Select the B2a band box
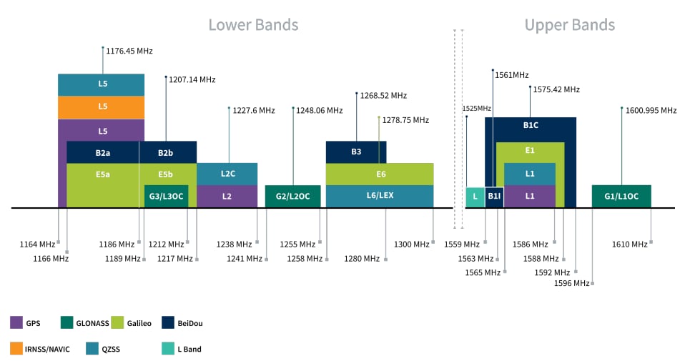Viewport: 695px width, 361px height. pos(102,152)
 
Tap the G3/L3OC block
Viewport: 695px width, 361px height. pos(166,196)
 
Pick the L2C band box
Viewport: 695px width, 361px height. pos(227,174)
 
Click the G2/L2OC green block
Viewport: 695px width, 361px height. pos(292,196)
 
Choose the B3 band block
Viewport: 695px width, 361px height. pos(356,152)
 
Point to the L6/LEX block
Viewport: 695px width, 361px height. pos(380,196)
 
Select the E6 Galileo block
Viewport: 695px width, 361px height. pos(380,174)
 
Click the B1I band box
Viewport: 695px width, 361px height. pos(494,196)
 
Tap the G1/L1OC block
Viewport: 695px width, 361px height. pos(621,196)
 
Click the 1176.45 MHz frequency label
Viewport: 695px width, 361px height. pos(129,51)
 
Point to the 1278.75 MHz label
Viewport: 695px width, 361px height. pos(405,120)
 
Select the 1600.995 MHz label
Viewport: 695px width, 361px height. pos(651,111)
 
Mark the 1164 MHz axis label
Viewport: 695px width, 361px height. pos(37,244)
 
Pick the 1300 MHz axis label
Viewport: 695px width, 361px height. pos(412,244)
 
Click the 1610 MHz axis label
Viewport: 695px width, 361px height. pos(629,244)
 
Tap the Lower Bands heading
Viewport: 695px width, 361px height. pos(253,25)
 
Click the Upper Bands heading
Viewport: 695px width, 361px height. pos(569,25)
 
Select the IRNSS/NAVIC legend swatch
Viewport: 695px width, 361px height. pos(16,349)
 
